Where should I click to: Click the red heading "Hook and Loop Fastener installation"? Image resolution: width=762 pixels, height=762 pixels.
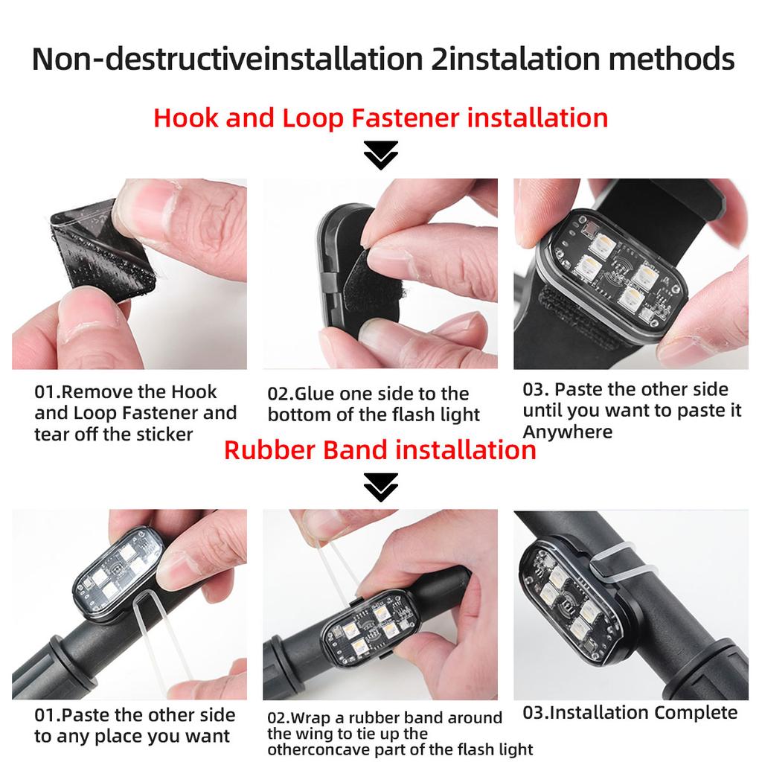tap(380, 118)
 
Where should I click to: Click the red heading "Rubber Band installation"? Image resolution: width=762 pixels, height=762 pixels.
tap(380, 450)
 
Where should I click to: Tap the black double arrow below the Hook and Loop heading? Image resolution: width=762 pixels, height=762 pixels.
tap(380, 156)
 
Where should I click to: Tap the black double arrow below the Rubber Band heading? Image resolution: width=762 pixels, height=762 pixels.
tap(380, 487)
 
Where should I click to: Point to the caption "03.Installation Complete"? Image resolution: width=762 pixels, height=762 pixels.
tap(630, 713)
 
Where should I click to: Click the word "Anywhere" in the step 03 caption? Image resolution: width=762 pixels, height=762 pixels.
tap(567, 432)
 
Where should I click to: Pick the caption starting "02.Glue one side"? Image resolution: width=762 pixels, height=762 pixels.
tap(374, 404)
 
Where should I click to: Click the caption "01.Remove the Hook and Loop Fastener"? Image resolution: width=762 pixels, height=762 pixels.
tap(135, 413)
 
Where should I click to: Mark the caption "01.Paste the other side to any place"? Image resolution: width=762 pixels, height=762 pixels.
tap(134, 726)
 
